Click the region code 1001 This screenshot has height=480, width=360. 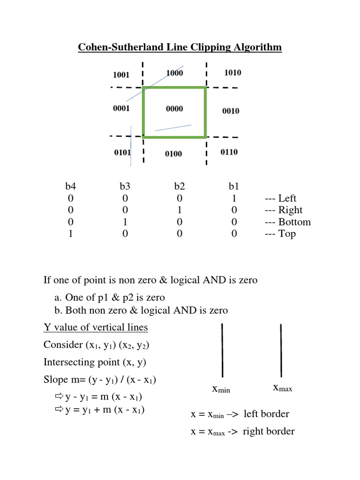(x=121, y=75)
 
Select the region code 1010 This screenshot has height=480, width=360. (x=232, y=72)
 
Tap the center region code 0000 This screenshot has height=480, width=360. (x=174, y=109)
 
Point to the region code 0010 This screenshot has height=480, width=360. (x=231, y=111)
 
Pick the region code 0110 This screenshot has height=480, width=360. (x=229, y=152)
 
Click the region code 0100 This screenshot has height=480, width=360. (x=173, y=154)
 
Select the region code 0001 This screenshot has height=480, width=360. (x=121, y=108)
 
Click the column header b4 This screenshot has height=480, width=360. (x=71, y=187)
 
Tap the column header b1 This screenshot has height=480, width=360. (x=234, y=187)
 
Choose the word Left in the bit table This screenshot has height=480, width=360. (x=287, y=198)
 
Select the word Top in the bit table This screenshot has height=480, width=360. (x=287, y=234)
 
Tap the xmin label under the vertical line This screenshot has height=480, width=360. (x=221, y=389)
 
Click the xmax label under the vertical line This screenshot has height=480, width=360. (x=282, y=388)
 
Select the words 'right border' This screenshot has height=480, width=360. (x=269, y=431)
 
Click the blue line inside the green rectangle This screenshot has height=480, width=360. (x=173, y=127)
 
